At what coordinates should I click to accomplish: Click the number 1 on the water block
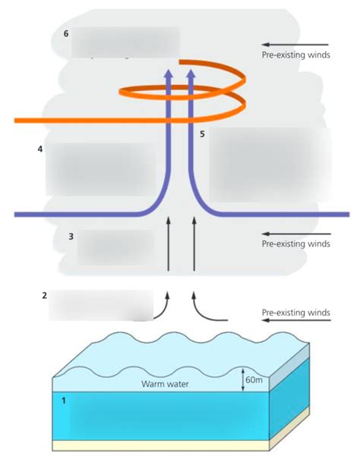pyautogui.click(x=64, y=399)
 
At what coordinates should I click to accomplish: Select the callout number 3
pyautogui.click(x=71, y=237)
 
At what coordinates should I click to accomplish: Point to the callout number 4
pyautogui.click(x=39, y=149)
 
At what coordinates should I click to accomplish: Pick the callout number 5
pyautogui.click(x=202, y=134)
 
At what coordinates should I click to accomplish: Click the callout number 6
pyautogui.click(x=66, y=34)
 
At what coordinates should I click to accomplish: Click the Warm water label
pyautogui.click(x=165, y=384)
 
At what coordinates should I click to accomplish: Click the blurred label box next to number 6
pyautogui.click(x=125, y=42)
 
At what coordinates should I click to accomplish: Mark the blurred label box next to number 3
pyautogui.click(x=115, y=247)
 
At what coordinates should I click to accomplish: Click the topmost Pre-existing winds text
pyautogui.click(x=295, y=55)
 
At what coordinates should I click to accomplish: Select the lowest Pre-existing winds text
pyautogui.click(x=295, y=312)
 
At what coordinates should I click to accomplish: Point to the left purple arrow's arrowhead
pyautogui.click(x=169, y=72)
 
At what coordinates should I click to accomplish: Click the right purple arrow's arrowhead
pyautogui.click(x=191, y=72)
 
